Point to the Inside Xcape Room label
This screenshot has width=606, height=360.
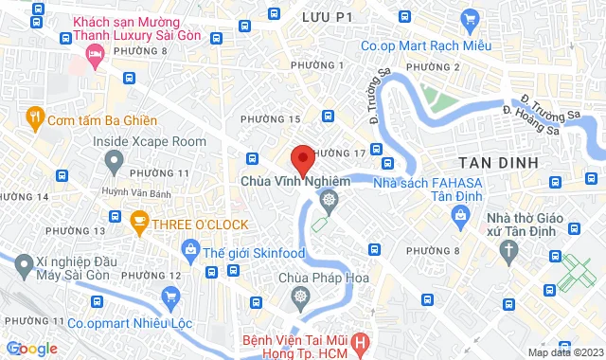pyautogui.click(x=149, y=141)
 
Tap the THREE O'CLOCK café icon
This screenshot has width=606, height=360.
pyautogui.click(x=138, y=224)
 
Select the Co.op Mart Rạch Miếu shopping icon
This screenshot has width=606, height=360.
pyautogui.click(x=469, y=19)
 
